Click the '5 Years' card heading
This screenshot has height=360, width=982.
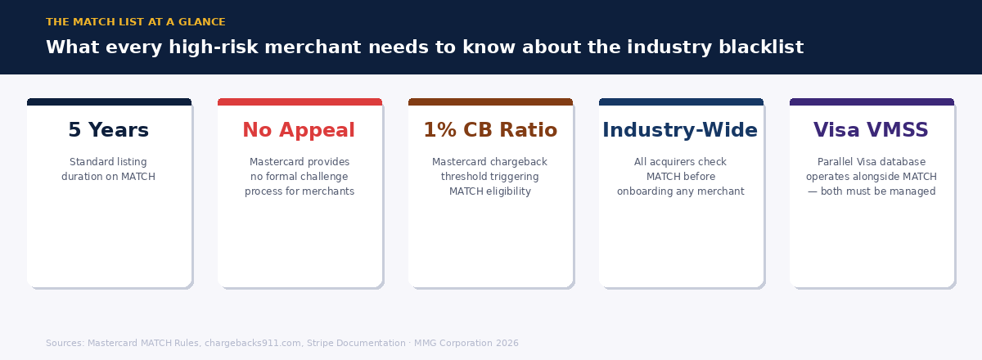point(109,130)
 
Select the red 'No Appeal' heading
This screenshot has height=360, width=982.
point(299,130)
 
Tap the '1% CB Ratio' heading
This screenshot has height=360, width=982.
point(490,130)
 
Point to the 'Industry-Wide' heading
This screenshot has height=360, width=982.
point(680,130)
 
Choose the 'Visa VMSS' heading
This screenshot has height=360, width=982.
point(871,130)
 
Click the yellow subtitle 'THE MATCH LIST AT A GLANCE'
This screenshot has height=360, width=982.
point(136,22)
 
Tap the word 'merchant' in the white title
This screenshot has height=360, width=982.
point(313,47)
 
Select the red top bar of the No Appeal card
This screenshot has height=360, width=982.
point(300,101)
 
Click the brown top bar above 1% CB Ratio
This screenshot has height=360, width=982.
point(490,101)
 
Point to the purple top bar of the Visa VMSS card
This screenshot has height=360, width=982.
point(872,101)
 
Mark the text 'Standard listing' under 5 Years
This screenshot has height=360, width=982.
point(108,162)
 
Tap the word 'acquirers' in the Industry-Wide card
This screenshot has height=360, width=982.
point(673,162)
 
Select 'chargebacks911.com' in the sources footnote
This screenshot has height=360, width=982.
point(253,343)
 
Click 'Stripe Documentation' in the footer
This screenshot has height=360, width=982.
point(356,343)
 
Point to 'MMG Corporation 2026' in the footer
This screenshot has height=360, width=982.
point(466,343)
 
